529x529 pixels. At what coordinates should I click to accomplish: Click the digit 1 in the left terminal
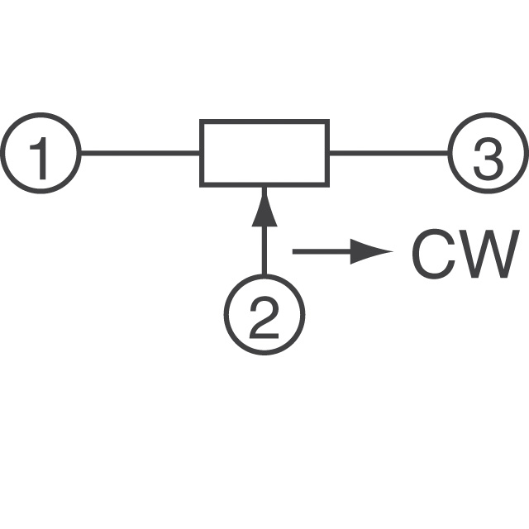tap(40, 158)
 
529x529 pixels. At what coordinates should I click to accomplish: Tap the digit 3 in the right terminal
tap(488, 159)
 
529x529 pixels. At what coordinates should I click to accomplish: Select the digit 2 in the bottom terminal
tap(264, 317)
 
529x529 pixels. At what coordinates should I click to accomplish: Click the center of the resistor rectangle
tap(264, 153)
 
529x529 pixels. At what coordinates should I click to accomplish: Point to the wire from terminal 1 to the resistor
tap(141, 153)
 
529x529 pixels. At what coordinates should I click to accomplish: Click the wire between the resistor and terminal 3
tap(389, 153)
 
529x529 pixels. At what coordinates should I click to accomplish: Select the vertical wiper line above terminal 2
tap(264, 231)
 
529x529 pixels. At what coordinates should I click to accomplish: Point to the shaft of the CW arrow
tap(322, 251)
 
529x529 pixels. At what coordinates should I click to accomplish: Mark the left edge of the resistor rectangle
tap(202, 153)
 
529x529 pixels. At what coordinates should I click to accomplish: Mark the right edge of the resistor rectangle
tap(327, 153)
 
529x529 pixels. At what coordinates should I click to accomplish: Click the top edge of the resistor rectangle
tap(264, 122)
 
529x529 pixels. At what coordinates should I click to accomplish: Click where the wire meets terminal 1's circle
tap(81, 153)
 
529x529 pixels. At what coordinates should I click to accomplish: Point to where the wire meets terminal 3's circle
tap(449, 153)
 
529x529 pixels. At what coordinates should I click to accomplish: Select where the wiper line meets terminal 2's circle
tap(264, 276)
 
